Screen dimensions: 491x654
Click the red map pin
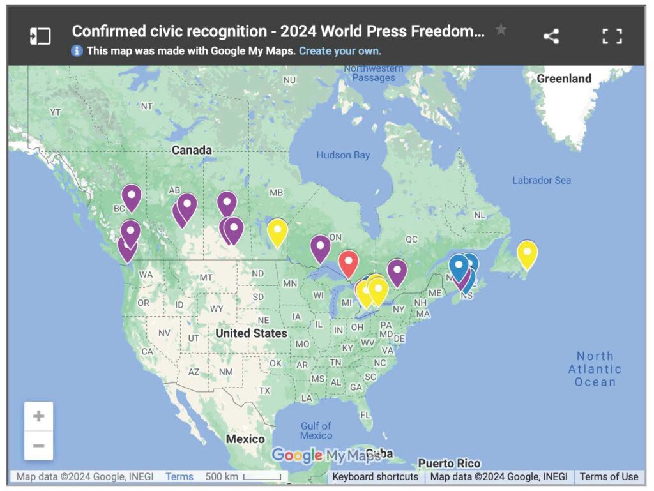point(348,262)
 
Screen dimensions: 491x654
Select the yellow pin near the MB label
point(277,230)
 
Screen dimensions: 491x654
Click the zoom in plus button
point(39,416)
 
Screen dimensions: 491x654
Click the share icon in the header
point(551,36)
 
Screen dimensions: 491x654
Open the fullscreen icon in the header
point(612,36)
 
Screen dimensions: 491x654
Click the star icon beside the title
point(501,30)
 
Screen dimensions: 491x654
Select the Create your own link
point(340,50)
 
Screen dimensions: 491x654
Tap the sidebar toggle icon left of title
point(40,36)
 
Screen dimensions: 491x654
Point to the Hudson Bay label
point(343,155)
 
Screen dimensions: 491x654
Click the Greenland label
point(564,79)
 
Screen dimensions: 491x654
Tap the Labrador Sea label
point(542,181)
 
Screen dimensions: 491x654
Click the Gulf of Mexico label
point(316,430)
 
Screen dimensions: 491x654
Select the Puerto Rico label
point(449,463)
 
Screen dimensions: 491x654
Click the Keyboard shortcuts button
point(376,476)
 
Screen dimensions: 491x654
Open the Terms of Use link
point(609,476)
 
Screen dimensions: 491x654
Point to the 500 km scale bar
point(262,477)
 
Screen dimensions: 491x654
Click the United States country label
point(251,333)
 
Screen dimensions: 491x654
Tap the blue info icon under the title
point(77,50)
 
